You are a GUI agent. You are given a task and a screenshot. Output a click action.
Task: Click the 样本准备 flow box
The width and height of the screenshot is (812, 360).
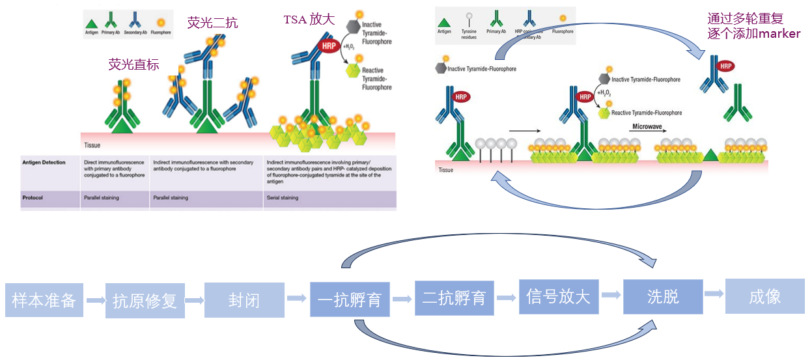tap(44, 300)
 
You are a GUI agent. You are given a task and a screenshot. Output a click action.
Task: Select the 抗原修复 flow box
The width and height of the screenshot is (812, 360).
tap(145, 301)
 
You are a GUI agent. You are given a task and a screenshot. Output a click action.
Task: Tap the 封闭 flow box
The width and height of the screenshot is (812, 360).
tap(244, 300)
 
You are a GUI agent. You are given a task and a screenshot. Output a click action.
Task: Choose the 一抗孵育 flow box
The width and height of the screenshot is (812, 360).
tap(350, 299)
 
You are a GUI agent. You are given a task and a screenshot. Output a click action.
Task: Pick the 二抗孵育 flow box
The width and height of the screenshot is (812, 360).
tap(455, 298)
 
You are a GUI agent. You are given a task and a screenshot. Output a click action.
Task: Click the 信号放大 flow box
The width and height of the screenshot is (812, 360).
tap(558, 297)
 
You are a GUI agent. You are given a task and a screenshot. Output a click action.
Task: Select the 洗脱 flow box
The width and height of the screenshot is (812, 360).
tap(663, 297)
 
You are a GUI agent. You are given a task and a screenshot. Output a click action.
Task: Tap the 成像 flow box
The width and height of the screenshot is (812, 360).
tap(764, 297)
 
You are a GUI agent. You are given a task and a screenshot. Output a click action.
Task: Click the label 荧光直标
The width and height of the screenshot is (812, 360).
tap(133, 64)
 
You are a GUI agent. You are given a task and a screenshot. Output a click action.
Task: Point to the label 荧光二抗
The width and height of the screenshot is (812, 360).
tap(212, 23)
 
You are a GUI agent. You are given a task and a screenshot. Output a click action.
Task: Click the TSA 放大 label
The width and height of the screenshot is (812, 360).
tap(309, 20)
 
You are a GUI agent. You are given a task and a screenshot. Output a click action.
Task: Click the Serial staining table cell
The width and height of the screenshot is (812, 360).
tap(283, 198)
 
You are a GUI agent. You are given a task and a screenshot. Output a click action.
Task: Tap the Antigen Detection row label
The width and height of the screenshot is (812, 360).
tap(44, 162)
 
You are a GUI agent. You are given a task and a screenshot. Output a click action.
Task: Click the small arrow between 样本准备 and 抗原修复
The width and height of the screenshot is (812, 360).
tap(96, 300)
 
